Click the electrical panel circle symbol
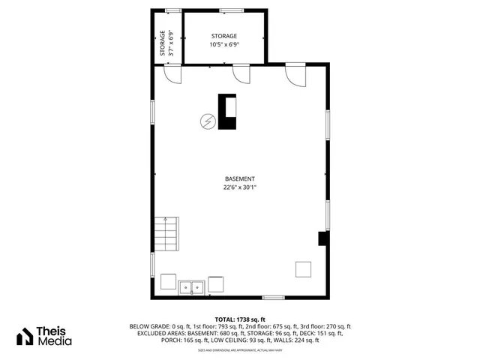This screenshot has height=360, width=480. point(207,121)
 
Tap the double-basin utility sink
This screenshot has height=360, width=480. point(191,286)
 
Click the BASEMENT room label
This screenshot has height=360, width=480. point(240,178)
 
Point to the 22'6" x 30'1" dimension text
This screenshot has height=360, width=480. point(240,187)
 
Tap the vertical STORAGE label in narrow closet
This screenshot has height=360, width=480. point(162,43)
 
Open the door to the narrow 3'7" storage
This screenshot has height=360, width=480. point(173,74)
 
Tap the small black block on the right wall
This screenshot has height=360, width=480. point(322,238)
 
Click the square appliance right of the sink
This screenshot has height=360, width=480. point(215,284)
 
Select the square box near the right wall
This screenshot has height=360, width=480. point(303,269)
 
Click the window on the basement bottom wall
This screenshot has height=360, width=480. point(273,298)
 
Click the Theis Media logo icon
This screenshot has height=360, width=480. point(25,335)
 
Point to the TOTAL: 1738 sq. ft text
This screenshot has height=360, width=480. point(240,319)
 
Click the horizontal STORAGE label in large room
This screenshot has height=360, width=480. point(223,36)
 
